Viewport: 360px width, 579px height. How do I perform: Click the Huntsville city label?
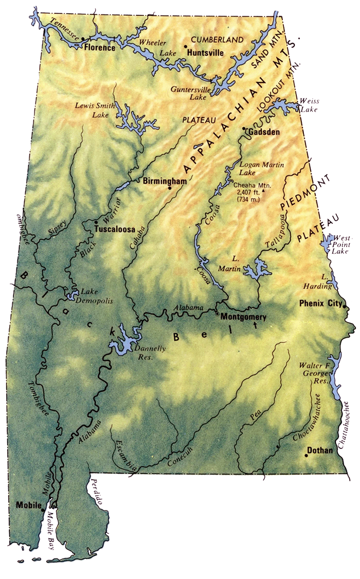pos(205,52)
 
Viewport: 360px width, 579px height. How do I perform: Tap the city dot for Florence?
pos(83,38)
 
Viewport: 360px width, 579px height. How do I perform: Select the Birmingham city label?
pos(165,181)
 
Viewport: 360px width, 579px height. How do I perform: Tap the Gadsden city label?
pos(263,132)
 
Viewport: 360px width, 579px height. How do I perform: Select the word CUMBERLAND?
pos(217,40)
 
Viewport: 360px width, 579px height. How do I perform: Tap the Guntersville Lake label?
pos(188,93)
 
